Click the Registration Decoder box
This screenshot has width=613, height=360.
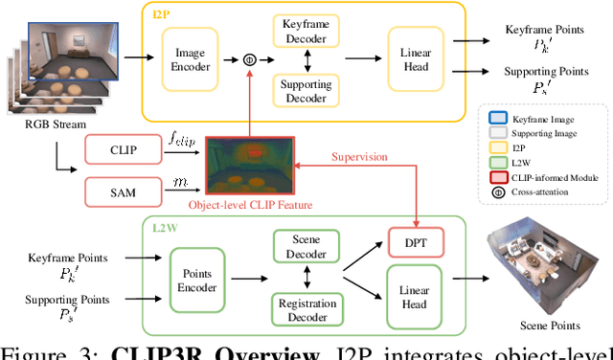(x=305, y=306)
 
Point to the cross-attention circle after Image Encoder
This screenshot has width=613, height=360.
(x=250, y=59)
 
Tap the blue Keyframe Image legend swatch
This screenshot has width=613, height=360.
(x=497, y=118)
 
